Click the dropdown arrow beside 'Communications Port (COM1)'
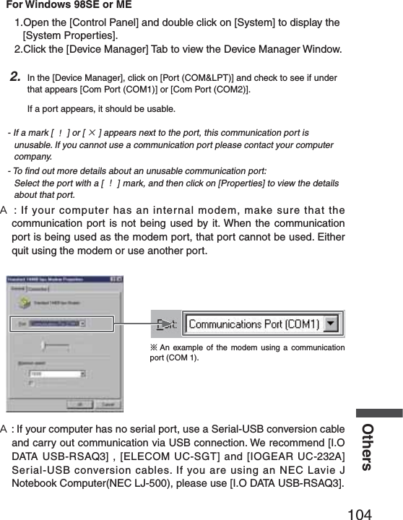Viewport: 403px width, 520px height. pos(331,324)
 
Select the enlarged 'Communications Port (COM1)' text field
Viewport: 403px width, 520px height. pos(253,324)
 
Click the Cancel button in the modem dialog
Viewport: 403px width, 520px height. pos(108,404)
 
